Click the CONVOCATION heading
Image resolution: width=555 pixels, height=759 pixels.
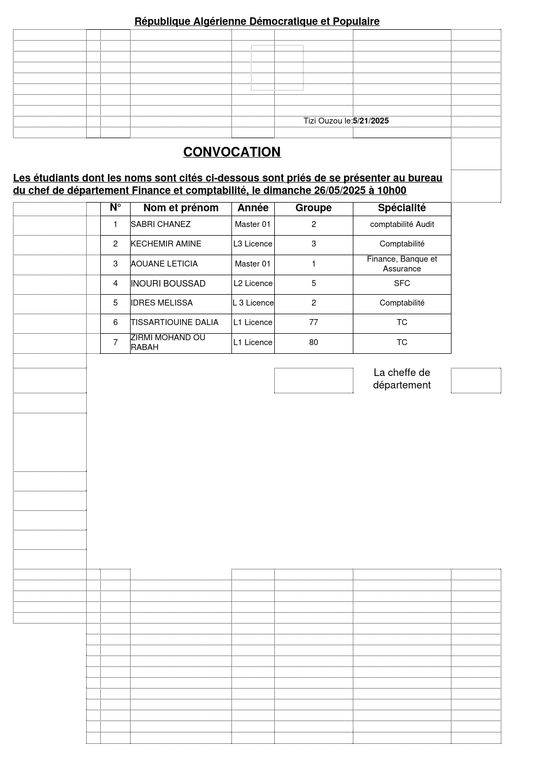(232, 152)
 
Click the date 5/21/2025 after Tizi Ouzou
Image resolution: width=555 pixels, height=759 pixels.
(371, 121)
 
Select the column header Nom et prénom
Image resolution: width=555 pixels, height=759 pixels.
(180, 208)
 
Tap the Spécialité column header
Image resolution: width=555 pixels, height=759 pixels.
(402, 208)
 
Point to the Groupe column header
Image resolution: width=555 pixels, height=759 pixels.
(313, 208)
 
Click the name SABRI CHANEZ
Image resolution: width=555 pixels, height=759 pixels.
(160, 224)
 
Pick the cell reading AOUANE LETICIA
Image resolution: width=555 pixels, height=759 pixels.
(164, 264)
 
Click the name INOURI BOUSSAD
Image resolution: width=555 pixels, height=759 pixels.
(168, 283)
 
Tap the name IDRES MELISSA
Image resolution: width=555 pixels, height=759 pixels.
(162, 303)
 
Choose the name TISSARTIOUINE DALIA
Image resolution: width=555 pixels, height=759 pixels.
(175, 322)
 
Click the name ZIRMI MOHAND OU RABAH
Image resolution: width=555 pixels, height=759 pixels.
(168, 342)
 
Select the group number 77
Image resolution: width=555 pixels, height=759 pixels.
(313, 322)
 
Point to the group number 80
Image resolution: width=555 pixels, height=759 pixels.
(313, 342)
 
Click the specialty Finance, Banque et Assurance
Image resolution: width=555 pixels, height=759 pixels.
(402, 264)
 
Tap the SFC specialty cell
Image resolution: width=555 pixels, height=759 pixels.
(402, 283)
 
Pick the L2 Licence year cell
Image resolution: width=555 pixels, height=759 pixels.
(253, 283)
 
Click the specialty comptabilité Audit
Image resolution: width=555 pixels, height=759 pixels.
(402, 224)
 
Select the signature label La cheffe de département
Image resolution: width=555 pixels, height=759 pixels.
(402, 379)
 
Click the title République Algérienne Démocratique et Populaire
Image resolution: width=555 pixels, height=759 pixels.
(257, 22)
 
